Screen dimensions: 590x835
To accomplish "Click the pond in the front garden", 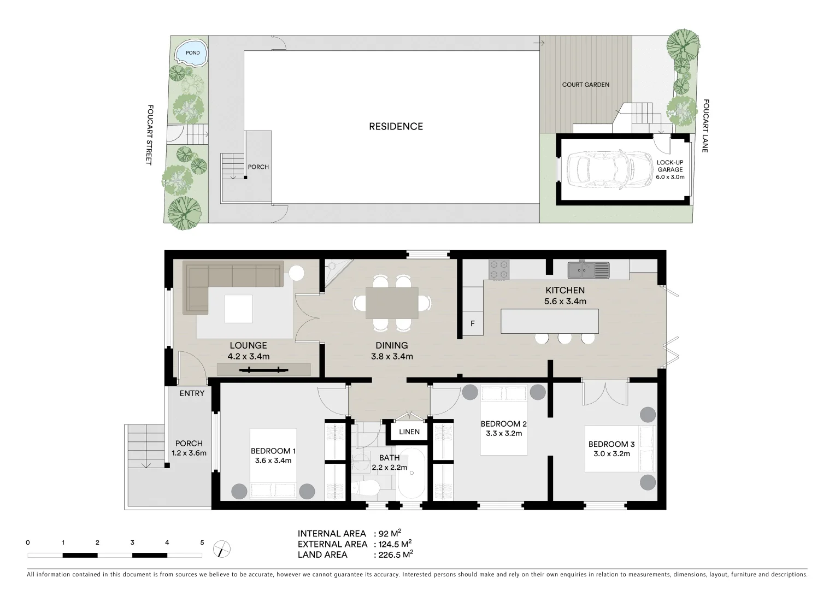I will (x=190, y=53).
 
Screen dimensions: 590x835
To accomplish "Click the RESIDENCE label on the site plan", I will (x=396, y=126).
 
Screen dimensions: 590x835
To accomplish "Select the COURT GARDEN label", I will (x=585, y=85).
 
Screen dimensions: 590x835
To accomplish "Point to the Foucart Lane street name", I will (x=705, y=125).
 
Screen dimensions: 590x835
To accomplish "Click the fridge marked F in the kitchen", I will (x=473, y=323).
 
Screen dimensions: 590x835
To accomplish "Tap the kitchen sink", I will (x=588, y=269).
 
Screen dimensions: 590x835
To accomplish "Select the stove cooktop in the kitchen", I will (x=498, y=269).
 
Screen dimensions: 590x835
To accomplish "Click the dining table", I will (x=392, y=303).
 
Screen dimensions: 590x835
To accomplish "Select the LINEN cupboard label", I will (x=409, y=432).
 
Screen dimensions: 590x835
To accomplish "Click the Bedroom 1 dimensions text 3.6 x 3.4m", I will (x=273, y=461).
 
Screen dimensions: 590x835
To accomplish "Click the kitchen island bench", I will (x=549, y=321).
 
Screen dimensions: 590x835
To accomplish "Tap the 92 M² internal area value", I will (x=390, y=533).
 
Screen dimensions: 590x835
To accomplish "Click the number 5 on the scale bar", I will (x=202, y=542).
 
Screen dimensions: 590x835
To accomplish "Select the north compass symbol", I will (x=222, y=548).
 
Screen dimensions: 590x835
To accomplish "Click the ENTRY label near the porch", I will (x=192, y=393).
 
